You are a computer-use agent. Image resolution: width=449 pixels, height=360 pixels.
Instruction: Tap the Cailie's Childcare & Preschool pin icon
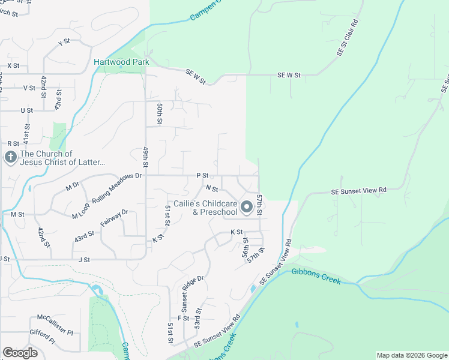247,208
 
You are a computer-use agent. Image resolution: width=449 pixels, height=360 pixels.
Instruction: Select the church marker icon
10,158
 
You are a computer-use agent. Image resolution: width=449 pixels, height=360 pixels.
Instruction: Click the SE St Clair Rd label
348,37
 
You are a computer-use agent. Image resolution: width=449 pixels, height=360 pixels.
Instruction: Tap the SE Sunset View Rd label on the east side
358,191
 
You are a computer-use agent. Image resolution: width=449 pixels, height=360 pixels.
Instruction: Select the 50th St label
160,113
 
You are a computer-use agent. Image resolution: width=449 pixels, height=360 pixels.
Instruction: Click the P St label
202,175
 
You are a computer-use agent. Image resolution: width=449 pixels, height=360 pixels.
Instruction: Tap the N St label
211,188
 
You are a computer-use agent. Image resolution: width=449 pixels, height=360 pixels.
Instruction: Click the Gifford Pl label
42,332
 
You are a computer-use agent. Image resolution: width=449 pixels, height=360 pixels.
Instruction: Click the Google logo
20,353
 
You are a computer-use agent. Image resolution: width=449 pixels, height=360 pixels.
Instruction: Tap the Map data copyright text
411,355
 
